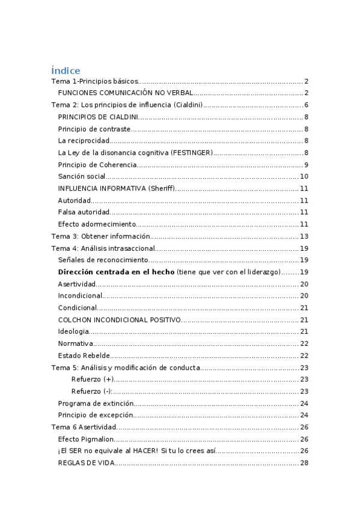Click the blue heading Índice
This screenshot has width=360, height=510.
66,70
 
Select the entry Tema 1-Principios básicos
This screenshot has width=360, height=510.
95,81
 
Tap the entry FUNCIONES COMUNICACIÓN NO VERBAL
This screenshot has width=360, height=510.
125,93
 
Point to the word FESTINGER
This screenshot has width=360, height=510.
192,153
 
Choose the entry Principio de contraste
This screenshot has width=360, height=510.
94,129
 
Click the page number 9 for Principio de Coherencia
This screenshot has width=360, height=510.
306,165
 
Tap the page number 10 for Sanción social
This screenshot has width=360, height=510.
304,176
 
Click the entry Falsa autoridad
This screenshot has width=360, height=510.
84,212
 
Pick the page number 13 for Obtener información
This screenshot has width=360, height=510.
304,236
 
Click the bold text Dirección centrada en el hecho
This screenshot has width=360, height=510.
116,272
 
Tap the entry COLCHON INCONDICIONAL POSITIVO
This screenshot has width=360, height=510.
119,319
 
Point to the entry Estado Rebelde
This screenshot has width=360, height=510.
84,355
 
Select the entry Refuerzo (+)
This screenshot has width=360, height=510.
92,379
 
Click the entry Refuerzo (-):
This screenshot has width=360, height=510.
92,391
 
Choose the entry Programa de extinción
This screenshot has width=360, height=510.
95,403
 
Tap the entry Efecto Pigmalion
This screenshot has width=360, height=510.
84,439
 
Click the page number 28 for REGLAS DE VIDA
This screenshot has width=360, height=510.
304,462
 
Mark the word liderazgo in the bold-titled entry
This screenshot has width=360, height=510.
263,272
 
